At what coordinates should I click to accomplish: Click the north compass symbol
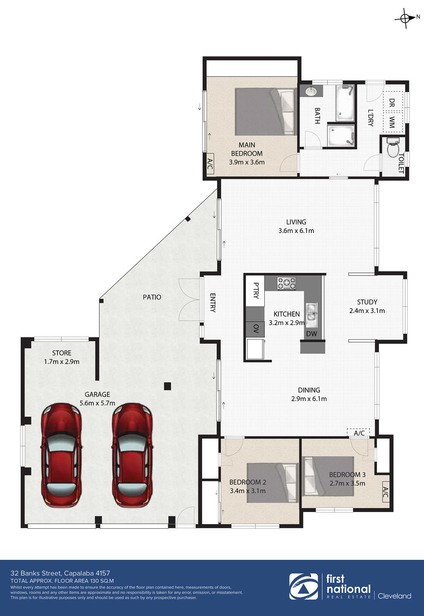(x=405, y=18)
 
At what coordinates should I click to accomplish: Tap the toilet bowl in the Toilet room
(x=393, y=148)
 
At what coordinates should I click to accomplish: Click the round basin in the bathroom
(x=311, y=91)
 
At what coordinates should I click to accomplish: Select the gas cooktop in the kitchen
(x=287, y=283)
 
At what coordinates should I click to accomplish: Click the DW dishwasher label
(x=312, y=334)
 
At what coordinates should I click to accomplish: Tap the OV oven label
(x=256, y=329)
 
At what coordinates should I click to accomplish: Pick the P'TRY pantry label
(x=256, y=290)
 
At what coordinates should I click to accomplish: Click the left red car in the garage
(x=61, y=456)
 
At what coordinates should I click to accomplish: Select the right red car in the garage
(x=132, y=456)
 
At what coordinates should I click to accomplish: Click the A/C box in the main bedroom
(x=210, y=164)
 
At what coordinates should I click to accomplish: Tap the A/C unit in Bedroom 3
(x=385, y=492)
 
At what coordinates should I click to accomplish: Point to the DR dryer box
(x=393, y=101)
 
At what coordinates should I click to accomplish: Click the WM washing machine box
(x=393, y=122)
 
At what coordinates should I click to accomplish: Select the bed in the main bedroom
(x=266, y=112)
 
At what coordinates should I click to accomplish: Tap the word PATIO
(x=152, y=297)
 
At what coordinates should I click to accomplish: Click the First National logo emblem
(x=303, y=586)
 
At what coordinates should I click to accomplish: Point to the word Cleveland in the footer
(x=394, y=596)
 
